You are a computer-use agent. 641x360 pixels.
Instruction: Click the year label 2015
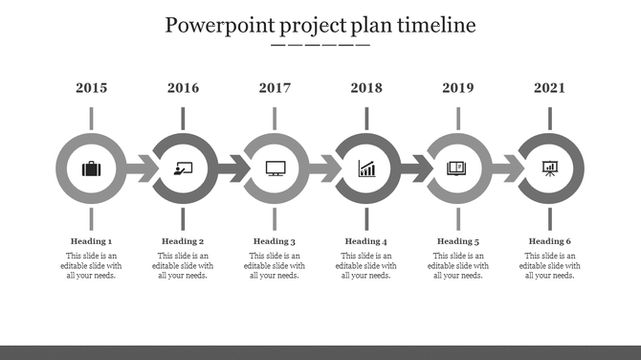(91, 88)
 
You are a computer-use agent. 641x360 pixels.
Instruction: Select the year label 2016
(183, 88)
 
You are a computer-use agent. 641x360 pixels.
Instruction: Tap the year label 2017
(275, 88)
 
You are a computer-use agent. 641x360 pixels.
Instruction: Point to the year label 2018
(366, 88)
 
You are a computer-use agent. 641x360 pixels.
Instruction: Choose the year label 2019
(458, 88)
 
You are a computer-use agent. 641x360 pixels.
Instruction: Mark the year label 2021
(550, 88)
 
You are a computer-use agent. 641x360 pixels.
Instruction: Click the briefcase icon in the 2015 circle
(91, 169)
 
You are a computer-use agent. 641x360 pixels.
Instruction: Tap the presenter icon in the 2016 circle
(183, 169)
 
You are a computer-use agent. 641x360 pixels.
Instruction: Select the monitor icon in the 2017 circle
(275, 169)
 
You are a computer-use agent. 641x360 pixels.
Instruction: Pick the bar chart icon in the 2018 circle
(366, 169)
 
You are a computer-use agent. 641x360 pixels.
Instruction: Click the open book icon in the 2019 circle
(458, 169)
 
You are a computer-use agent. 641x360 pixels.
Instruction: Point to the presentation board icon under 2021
(550, 169)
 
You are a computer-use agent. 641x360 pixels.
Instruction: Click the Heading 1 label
(91, 241)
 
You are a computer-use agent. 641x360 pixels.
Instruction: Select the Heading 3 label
(275, 241)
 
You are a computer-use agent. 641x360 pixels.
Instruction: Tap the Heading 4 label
(366, 241)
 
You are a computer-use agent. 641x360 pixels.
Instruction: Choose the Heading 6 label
(550, 241)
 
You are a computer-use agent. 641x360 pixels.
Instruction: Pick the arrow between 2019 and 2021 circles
(507, 170)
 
